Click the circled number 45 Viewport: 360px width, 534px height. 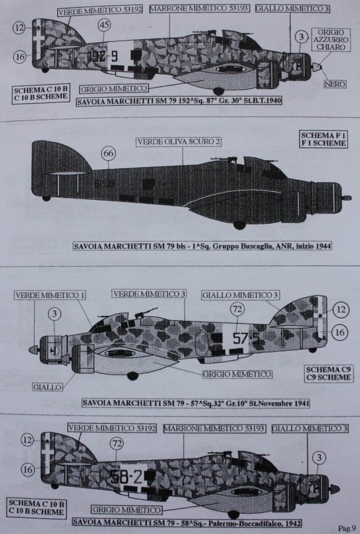104,25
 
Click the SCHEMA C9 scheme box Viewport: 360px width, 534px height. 329,373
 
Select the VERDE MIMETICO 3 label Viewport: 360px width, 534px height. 148,294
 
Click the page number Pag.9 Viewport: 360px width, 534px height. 346,527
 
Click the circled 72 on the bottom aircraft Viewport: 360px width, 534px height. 116,444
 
